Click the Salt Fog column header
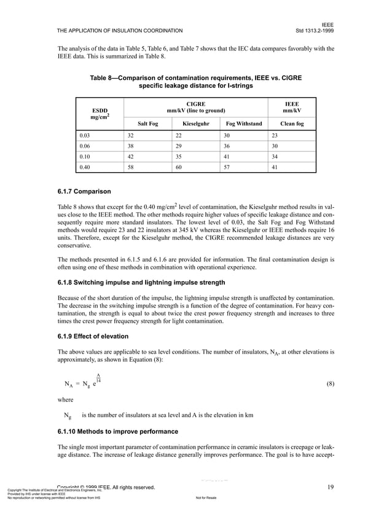(x=147, y=124)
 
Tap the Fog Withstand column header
(x=243, y=124)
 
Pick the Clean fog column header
(x=291, y=124)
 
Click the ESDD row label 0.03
(x=86, y=135)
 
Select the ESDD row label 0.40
(x=86, y=167)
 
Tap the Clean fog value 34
(x=275, y=156)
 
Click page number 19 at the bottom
(x=330, y=487)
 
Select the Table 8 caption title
(x=195, y=82)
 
